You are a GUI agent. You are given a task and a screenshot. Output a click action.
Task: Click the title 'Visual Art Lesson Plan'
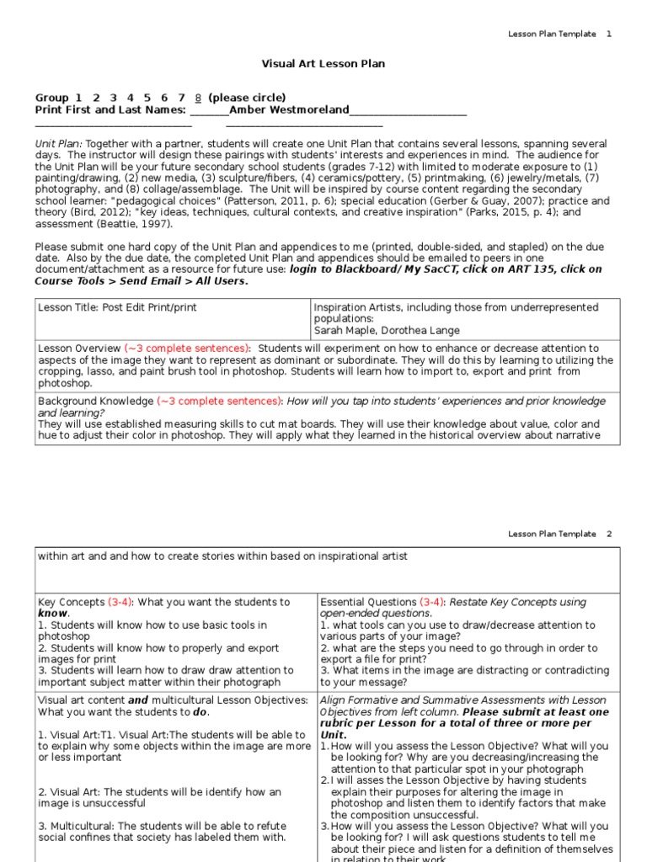tap(313, 64)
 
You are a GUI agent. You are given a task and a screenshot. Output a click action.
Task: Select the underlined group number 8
tap(198, 98)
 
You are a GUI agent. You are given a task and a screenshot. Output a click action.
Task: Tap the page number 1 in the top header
tap(609, 34)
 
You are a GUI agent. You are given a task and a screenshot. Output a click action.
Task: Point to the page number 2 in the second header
tap(609, 534)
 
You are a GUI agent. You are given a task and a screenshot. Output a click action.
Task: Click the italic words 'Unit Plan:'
tap(58, 144)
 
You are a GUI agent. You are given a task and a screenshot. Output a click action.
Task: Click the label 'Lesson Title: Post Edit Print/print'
tap(117, 307)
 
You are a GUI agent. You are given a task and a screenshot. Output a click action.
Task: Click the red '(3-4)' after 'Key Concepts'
tap(120, 603)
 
